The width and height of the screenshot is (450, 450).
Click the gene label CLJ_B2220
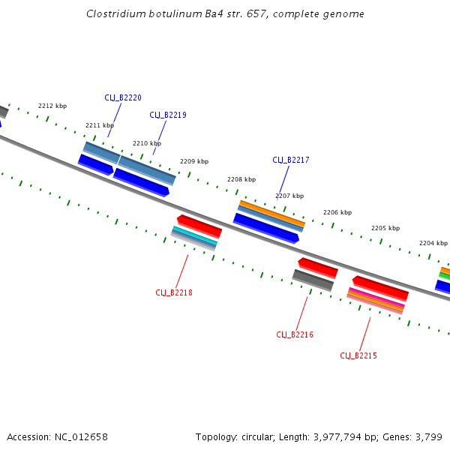pos(123,97)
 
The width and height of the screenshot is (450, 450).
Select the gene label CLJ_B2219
pos(168,115)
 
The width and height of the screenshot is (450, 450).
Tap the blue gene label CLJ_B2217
pos(291,160)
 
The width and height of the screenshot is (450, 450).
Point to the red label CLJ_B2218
pos(174,292)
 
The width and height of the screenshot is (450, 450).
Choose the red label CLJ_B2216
pos(295,334)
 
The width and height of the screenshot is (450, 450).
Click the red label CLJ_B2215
pos(358,355)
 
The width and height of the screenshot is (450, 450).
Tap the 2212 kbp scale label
pos(52,106)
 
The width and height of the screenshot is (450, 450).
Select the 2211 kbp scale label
pos(100,125)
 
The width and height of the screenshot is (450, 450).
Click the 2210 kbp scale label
pos(147,143)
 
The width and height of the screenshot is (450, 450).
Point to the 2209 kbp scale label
pos(194,161)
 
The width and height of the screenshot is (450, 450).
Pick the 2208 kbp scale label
pos(241,179)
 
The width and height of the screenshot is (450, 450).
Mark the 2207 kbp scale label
pos(289,196)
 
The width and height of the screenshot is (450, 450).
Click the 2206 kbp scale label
pos(337,212)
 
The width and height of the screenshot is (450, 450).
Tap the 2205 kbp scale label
pos(385,228)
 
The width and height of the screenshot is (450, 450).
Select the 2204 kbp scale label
pos(433,243)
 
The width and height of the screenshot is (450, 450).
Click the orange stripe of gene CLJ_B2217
pos(272,212)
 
